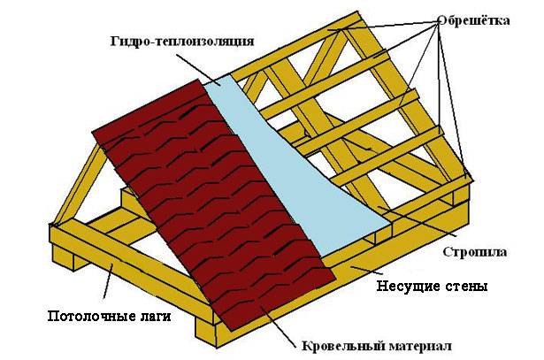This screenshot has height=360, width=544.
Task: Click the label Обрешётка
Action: pyautogui.click(x=474, y=20)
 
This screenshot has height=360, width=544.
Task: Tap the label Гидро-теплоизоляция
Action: pyautogui.click(x=182, y=42)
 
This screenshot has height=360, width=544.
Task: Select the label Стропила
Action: pyautogui.click(x=475, y=252)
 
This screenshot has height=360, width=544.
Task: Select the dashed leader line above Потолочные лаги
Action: pyautogui.click(x=108, y=280)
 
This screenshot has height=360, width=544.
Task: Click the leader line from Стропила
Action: pyautogui.click(x=418, y=221)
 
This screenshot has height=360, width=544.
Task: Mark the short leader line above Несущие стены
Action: pyautogui.click(x=362, y=269)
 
